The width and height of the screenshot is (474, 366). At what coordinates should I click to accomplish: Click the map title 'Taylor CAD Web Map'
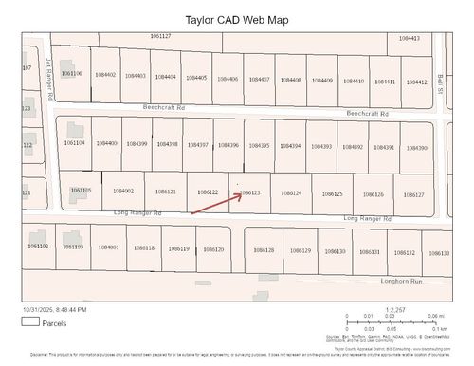click(x=237, y=19)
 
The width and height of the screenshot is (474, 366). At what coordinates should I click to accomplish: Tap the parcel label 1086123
click(x=250, y=192)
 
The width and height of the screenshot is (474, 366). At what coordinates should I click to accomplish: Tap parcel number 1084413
click(x=410, y=38)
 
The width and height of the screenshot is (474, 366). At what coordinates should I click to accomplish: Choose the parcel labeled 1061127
click(x=160, y=35)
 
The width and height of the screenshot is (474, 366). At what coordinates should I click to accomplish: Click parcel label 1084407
click(x=259, y=79)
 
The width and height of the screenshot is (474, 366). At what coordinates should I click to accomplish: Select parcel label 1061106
click(x=71, y=73)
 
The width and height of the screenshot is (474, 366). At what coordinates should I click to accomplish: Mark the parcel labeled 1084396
click(x=228, y=145)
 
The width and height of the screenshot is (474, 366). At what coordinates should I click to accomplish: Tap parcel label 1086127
click(x=413, y=194)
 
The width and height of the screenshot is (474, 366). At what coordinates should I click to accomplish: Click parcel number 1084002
click(x=123, y=192)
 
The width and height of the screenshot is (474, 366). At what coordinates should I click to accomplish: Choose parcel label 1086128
click(x=264, y=250)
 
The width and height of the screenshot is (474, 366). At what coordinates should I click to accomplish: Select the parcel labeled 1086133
click(x=439, y=253)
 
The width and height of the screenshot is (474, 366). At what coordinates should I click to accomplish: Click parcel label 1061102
click(x=38, y=246)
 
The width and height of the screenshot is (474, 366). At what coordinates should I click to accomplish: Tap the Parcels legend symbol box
click(x=30, y=321)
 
